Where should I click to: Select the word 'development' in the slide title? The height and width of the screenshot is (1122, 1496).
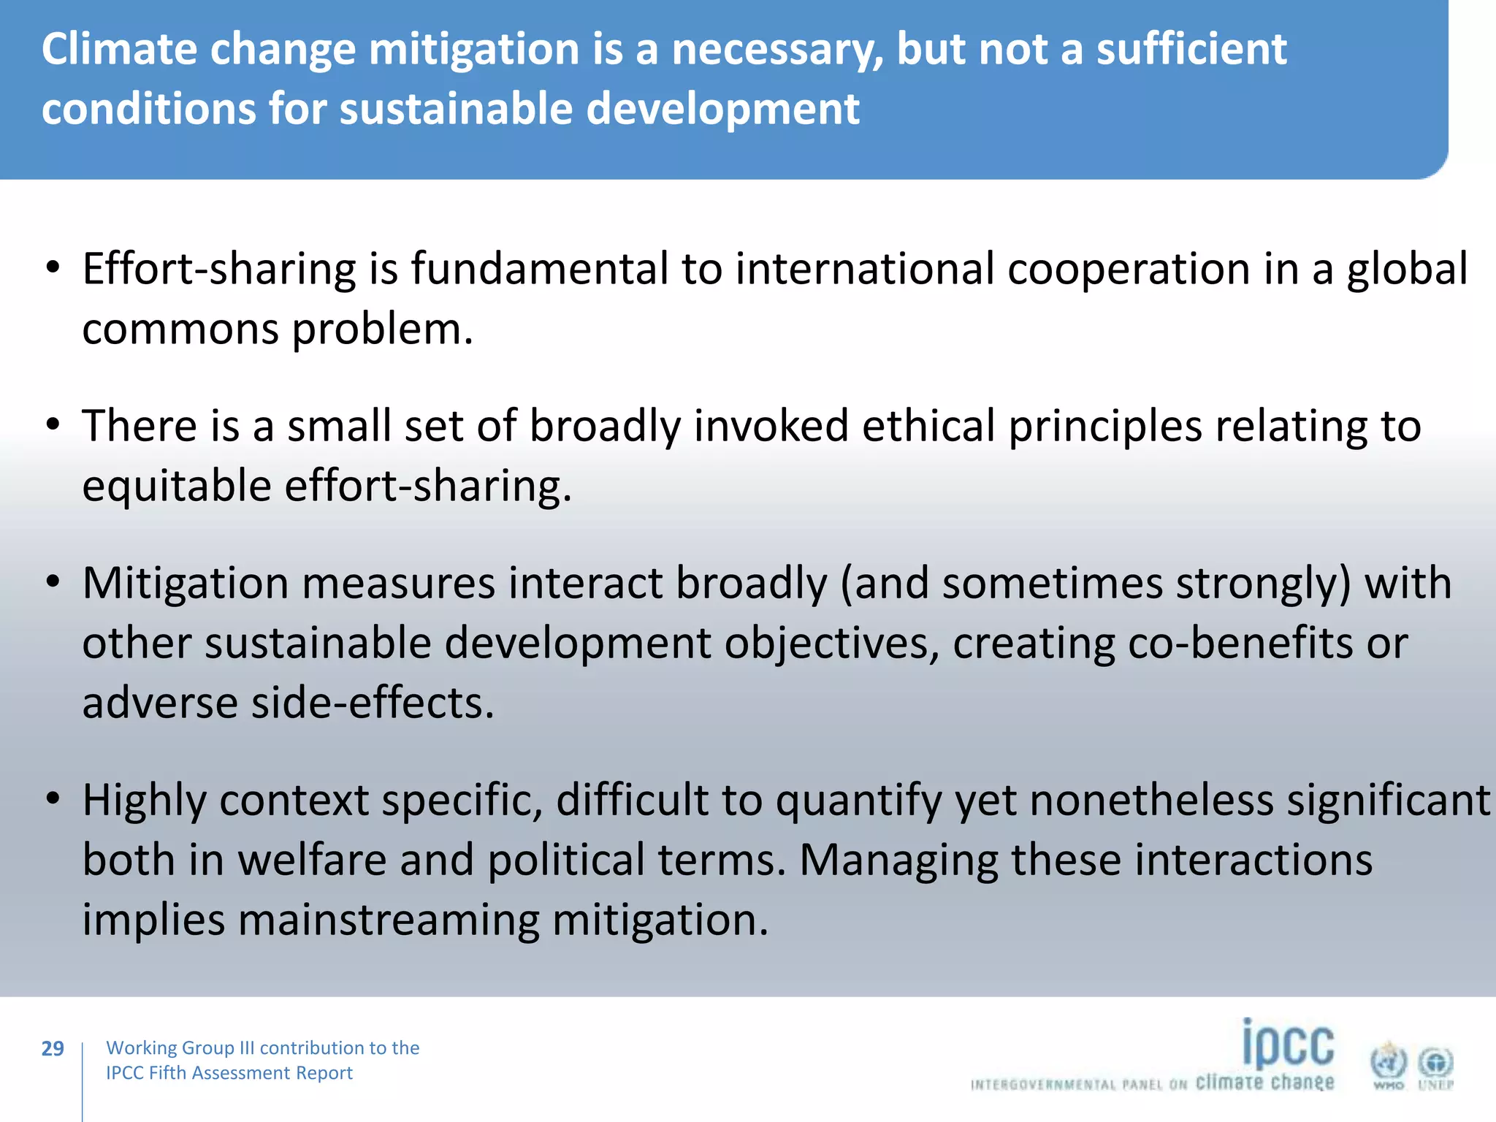[722, 109]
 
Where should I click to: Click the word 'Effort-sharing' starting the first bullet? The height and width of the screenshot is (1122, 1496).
[218, 269]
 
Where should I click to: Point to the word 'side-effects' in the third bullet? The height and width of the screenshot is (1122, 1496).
[373, 703]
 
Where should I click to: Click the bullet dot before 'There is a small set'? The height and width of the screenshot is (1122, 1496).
[52, 424]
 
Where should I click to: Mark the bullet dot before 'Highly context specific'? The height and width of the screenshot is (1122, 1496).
[52, 798]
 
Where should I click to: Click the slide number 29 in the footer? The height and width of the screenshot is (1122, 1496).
[53, 1048]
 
